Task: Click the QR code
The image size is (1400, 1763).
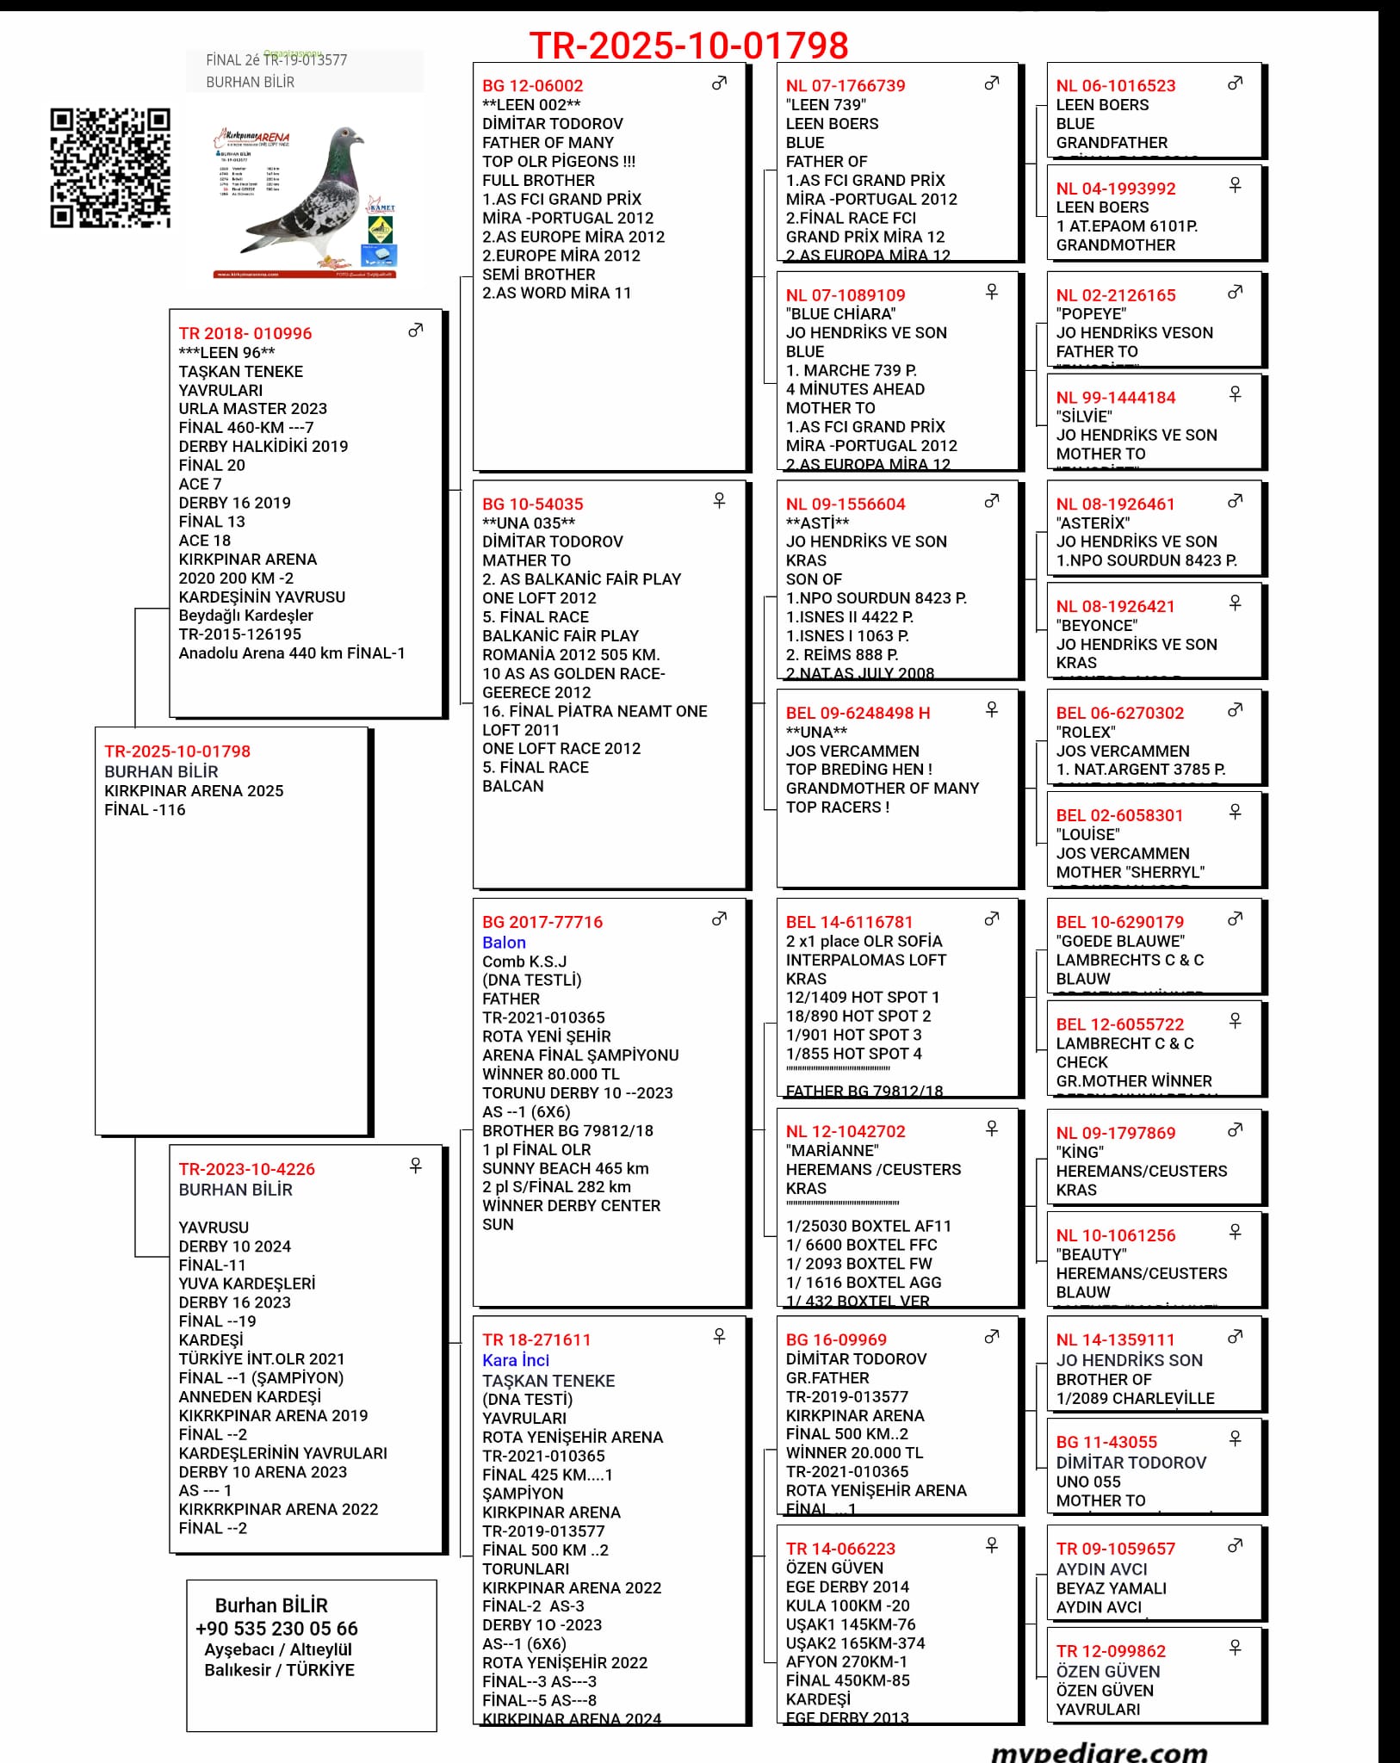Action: click(110, 168)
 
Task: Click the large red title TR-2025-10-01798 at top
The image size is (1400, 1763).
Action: click(689, 45)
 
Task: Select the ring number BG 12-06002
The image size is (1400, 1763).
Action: click(532, 86)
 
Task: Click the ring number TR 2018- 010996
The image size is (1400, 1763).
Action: click(245, 334)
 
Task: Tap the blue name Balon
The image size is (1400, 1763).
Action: click(504, 943)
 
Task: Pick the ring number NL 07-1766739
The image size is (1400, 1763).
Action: click(846, 86)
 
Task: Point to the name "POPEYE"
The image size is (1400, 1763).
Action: click(1091, 314)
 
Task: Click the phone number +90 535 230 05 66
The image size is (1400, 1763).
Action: click(276, 1629)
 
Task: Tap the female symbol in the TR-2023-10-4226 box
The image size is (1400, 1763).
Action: click(416, 1166)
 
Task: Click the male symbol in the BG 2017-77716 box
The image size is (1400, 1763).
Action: click(719, 919)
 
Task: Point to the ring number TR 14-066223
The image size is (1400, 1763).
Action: click(840, 1549)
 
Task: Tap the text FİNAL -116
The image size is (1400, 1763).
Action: click(145, 810)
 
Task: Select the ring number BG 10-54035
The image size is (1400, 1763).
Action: click(532, 504)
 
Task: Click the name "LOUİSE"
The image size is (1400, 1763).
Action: click(1087, 835)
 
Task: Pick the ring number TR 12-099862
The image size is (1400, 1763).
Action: click(1111, 1651)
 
